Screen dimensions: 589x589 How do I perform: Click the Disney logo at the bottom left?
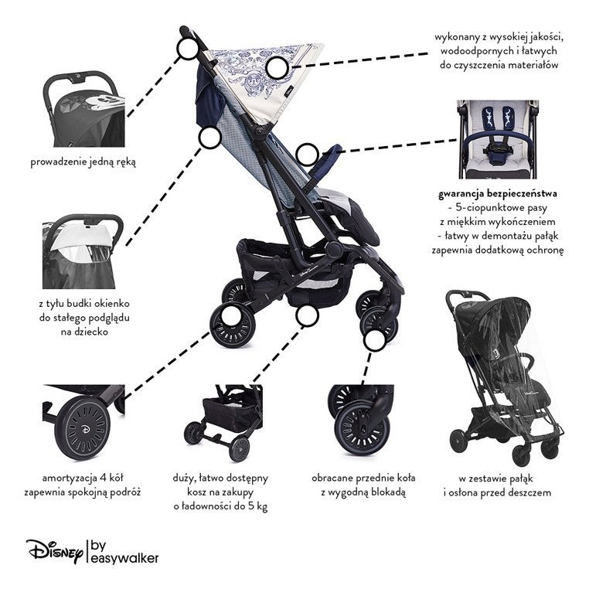pyautogui.click(x=54, y=552)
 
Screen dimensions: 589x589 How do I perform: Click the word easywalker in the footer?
pyautogui.click(x=124, y=558)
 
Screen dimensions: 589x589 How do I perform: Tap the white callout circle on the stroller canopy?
pyautogui.click(x=277, y=68)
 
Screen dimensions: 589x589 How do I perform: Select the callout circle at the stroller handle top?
pyautogui.click(x=187, y=48)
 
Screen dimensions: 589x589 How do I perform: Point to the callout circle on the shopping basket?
pyautogui.click(x=307, y=315)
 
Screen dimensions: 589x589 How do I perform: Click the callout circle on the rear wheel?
pyautogui.click(x=231, y=316)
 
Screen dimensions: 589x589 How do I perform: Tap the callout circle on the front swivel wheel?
pyautogui.click(x=375, y=340)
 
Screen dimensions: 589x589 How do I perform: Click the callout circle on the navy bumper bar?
pyautogui.click(x=307, y=155)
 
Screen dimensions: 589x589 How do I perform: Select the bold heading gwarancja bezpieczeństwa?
pyautogui.click(x=497, y=194)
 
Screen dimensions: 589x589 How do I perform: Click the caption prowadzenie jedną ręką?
pyautogui.click(x=83, y=162)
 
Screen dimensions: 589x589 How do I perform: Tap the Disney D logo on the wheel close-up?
pyautogui.click(x=86, y=429)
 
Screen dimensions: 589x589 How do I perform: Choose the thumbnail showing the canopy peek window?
pyautogui.click(x=83, y=251)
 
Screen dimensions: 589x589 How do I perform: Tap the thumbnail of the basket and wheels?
pyautogui.click(x=223, y=423)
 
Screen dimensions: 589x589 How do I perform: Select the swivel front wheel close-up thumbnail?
pyautogui.click(x=361, y=420)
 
